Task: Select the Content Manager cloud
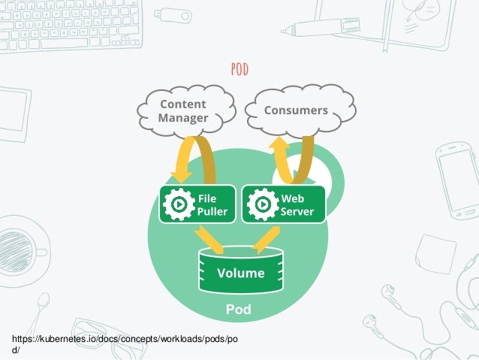pos(183,110)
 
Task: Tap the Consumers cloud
pos(297,110)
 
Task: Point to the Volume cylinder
pos(240,272)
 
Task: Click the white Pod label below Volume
pos(239,310)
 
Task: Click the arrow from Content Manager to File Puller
pos(194,158)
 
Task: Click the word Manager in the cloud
pos(183,118)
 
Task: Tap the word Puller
pos(212,211)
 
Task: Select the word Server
pos(297,211)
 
